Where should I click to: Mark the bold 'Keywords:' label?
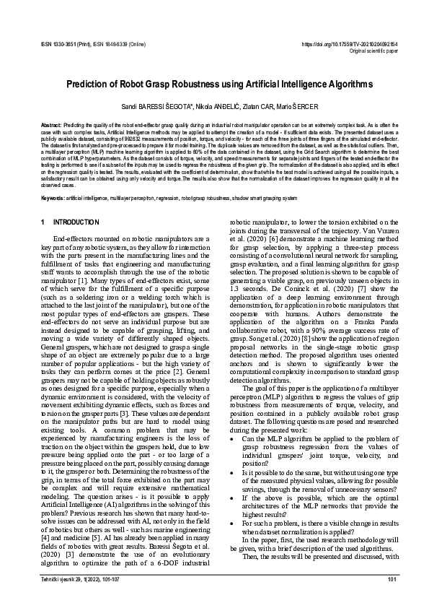click(x=54, y=199)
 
